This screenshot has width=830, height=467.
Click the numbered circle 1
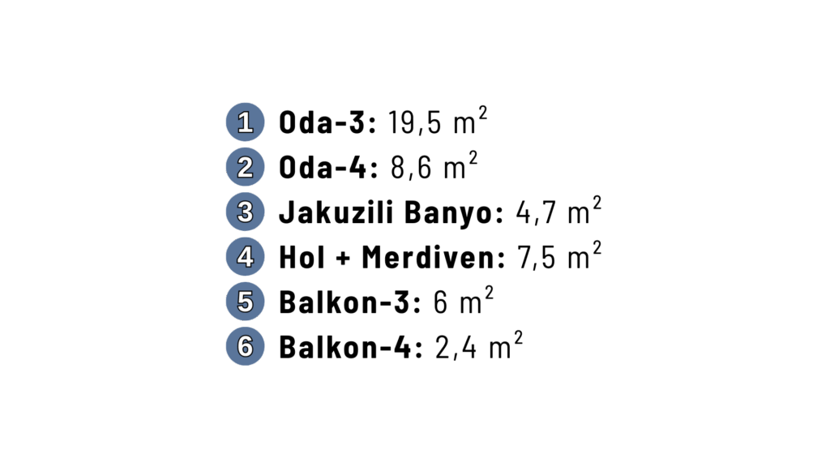tap(245, 123)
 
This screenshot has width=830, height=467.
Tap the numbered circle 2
tap(245, 168)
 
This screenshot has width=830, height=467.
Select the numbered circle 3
tap(245, 212)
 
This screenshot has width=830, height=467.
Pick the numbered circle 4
tap(245, 257)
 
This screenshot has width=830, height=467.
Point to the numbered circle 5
tap(245, 302)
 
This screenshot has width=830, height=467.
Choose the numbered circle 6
tap(245, 346)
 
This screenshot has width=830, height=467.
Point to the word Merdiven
tap(434, 258)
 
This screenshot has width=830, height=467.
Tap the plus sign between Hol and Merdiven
tap(342, 259)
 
